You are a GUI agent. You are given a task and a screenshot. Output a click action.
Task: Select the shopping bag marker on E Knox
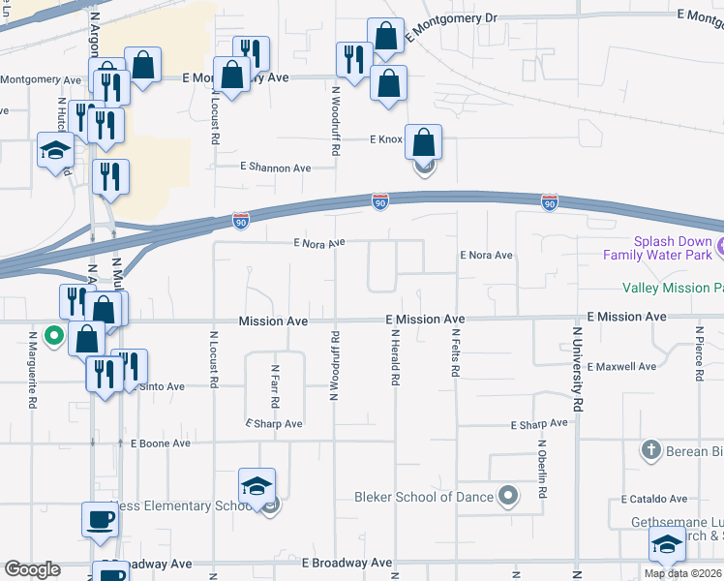424,141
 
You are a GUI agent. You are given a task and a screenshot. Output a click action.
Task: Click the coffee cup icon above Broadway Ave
100,519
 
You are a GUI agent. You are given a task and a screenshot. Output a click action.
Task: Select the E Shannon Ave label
276,168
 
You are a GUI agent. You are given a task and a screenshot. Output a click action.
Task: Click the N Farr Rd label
275,385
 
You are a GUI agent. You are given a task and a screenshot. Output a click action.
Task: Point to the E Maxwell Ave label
620,367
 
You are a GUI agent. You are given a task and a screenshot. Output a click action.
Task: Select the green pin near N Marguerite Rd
54,336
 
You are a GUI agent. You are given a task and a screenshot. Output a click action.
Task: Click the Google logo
33,569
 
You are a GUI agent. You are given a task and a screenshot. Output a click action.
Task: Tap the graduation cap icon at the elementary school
257,485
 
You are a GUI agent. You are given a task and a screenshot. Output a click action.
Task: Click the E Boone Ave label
160,443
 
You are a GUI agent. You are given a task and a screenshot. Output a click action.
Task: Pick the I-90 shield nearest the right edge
550,201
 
